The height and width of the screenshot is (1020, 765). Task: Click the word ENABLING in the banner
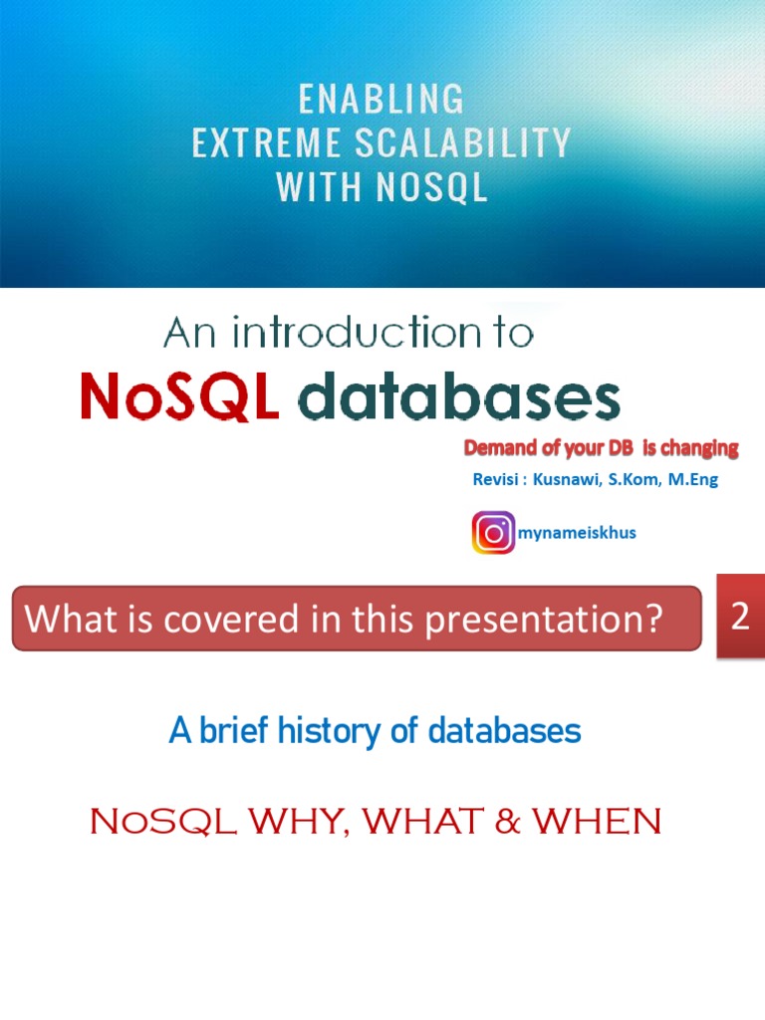[x=382, y=100]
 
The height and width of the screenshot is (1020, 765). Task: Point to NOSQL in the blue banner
[x=431, y=186]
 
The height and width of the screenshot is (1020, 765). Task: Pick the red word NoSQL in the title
[x=179, y=398]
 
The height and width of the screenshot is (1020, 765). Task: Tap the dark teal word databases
[x=459, y=398]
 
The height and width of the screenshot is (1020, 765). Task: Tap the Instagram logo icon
[x=493, y=533]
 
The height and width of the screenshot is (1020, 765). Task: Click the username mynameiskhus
[x=577, y=533]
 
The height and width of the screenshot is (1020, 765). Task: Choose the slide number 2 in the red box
[x=740, y=617]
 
